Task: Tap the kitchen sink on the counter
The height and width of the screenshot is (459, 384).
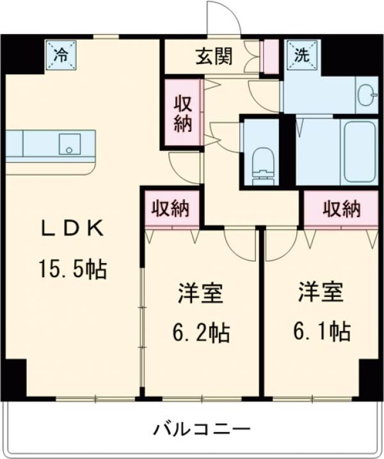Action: coord(68,144)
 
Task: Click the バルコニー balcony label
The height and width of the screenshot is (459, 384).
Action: coord(193,428)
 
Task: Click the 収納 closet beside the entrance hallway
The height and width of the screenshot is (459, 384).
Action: coord(182,114)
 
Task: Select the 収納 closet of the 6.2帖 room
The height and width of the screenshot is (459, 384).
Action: coord(171,208)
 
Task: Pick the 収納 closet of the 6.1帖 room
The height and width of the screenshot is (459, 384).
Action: coord(341,208)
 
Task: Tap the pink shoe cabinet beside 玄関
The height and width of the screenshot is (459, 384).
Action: coord(270,57)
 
